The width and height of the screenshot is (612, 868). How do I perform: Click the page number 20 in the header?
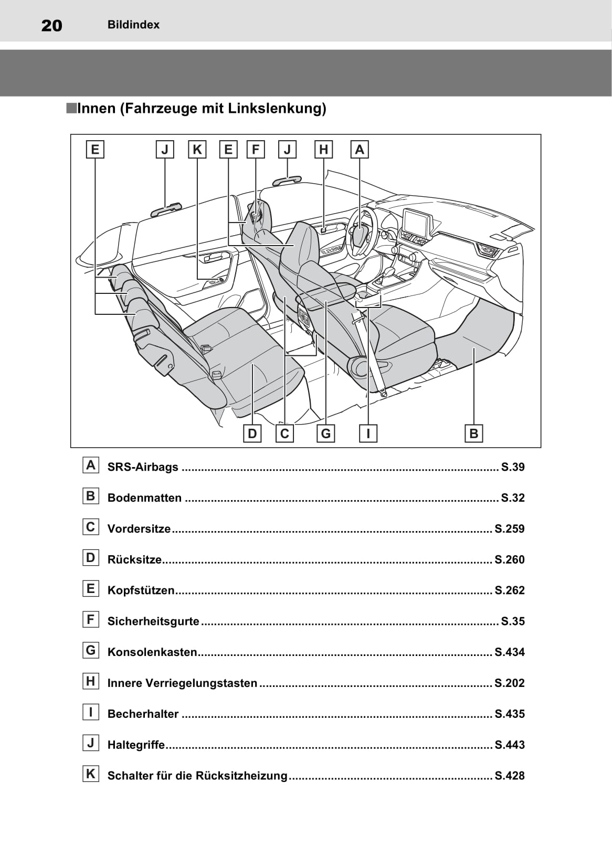pyautogui.click(x=51, y=25)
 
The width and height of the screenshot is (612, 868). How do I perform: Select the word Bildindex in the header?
pyautogui.click(x=133, y=25)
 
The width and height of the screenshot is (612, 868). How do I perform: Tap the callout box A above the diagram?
pyautogui.click(x=360, y=150)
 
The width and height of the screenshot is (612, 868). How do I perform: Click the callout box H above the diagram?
pyautogui.click(x=323, y=150)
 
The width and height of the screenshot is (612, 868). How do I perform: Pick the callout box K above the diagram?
pyautogui.click(x=197, y=150)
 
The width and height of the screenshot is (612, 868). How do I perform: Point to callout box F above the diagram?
pyautogui.click(x=256, y=150)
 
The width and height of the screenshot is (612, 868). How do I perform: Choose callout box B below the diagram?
pyautogui.click(x=473, y=433)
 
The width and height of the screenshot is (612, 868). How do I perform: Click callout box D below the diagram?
pyautogui.click(x=252, y=433)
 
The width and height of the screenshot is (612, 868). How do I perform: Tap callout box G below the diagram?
pyautogui.click(x=326, y=433)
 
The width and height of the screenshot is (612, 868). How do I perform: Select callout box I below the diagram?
pyautogui.click(x=368, y=433)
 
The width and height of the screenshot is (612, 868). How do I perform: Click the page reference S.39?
pyautogui.click(x=512, y=467)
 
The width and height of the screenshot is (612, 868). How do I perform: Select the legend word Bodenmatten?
pyautogui.click(x=144, y=498)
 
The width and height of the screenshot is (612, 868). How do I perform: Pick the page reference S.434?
pyautogui.click(x=509, y=652)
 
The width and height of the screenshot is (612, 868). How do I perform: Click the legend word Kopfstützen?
pyautogui.click(x=141, y=590)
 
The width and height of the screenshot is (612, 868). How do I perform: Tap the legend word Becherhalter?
pyautogui.click(x=143, y=714)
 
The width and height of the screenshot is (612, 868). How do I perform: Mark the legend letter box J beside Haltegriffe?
pyautogui.click(x=91, y=743)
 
